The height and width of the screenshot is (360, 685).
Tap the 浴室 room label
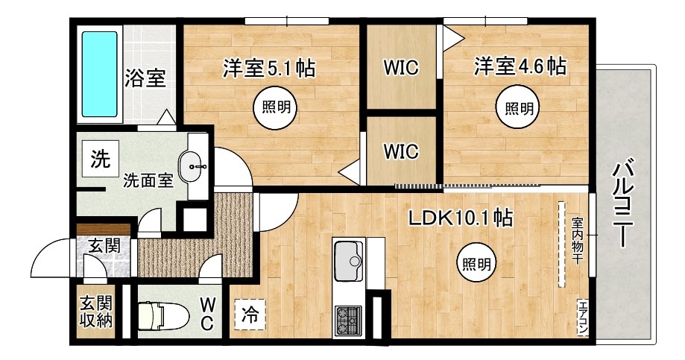click(x=145, y=78)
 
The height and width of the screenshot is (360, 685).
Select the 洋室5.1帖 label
click(x=268, y=69)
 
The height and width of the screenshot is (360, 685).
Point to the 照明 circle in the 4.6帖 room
click(x=519, y=108)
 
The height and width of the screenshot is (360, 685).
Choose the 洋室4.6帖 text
click(x=520, y=67)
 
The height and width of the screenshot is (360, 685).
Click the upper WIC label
click(x=401, y=68)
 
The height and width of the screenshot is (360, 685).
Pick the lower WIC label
click(x=401, y=151)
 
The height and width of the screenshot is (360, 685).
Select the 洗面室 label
click(x=148, y=180)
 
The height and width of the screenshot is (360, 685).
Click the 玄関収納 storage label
click(x=96, y=312)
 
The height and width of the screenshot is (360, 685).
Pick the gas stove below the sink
click(x=348, y=320)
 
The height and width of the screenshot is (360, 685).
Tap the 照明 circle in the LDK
click(x=476, y=263)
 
